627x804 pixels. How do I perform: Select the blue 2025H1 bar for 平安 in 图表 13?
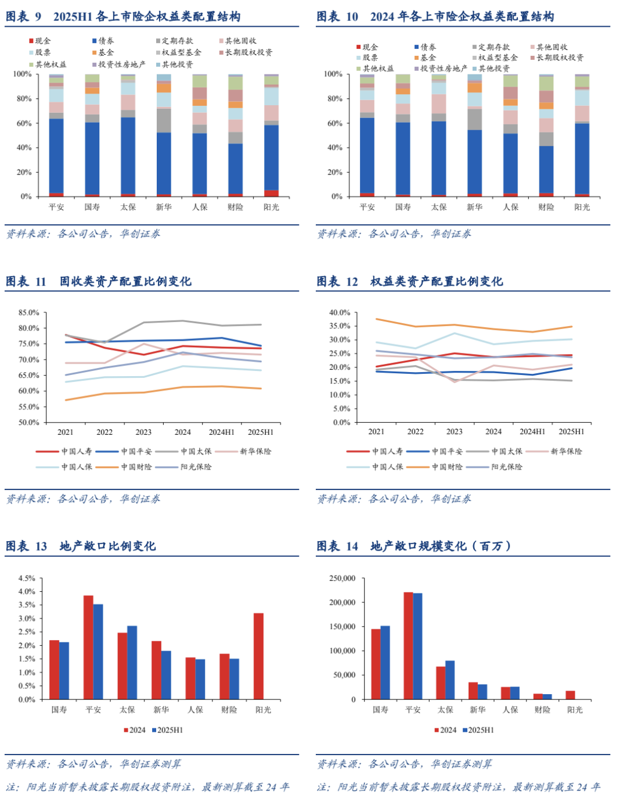[x=98, y=651]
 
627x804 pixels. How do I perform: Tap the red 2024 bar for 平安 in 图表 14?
[x=408, y=645]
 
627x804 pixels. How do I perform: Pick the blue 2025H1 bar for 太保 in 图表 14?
[x=450, y=680]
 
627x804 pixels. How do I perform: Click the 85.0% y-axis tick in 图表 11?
[x=29, y=313]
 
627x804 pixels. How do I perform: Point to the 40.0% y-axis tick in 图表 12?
[x=340, y=313]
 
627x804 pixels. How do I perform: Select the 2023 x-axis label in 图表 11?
[x=143, y=432]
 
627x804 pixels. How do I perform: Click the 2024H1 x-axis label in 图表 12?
[x=532, y=432]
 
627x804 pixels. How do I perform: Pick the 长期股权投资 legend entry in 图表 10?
[x=560, y=58]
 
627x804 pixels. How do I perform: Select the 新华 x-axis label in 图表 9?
[x=164, y=207]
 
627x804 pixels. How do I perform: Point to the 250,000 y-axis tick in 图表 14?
[x=343, y=578]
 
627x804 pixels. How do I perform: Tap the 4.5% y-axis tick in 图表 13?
[x=27, y=578]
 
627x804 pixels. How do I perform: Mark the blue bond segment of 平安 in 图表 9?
[x=56, y=155]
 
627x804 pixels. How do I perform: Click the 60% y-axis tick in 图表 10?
[x=333, y=123]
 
